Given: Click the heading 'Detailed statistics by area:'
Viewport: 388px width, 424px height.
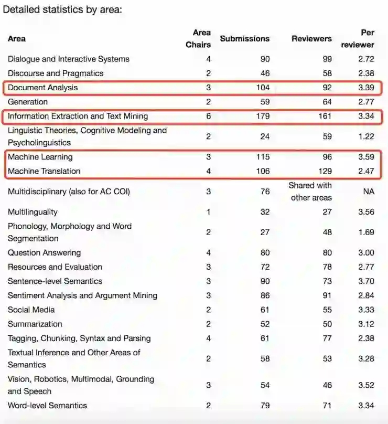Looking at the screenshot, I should click(62, 9).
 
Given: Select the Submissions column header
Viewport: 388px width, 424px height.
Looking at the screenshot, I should click(244, 38).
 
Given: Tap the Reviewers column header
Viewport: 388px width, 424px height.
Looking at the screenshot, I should click(311, 38).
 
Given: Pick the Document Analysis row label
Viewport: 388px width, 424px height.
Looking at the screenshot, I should click(42, 88).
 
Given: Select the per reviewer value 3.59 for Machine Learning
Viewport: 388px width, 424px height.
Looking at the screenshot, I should click(366, 157).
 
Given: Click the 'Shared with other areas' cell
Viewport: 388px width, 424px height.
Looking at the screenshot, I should click(310, 192).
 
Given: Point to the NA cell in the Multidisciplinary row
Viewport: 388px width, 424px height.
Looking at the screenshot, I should click(369, 192).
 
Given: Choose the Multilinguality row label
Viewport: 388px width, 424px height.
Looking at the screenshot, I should click(33, 212).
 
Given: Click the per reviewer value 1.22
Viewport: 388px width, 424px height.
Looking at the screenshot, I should click(366, 136).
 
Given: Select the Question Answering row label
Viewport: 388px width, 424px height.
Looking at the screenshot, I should click(44, 253).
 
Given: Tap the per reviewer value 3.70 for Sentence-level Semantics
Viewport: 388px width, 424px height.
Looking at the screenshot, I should click(366, 281).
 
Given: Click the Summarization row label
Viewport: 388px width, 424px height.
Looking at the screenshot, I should click(35, 324).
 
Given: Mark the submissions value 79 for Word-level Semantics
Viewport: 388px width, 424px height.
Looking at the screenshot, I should click(265, 406).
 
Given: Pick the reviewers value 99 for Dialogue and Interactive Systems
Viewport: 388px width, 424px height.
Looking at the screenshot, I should click(327, 59).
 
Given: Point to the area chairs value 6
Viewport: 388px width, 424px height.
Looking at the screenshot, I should click(208, 116).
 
